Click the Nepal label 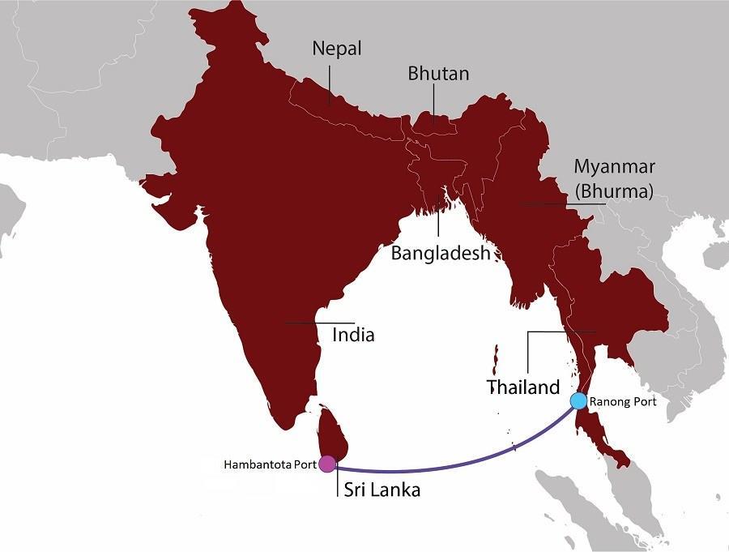(x=337, y=49)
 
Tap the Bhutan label (x=438, y=74)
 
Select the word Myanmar (x=615, y=167)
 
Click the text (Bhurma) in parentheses (x=613, y=192)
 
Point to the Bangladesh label (x=441, y=253)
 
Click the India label (x=353, y=333)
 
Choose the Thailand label (x=522, y=387)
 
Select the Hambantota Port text (x=270, y=464)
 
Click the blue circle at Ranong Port (x=578, y=400)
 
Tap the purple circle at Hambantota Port (x=326, y=464)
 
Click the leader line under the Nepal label (x=330, y=85)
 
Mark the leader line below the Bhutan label (x=433, y=105)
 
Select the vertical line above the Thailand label (x=527, y=353)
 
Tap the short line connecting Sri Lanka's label (x=336, y=482)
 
